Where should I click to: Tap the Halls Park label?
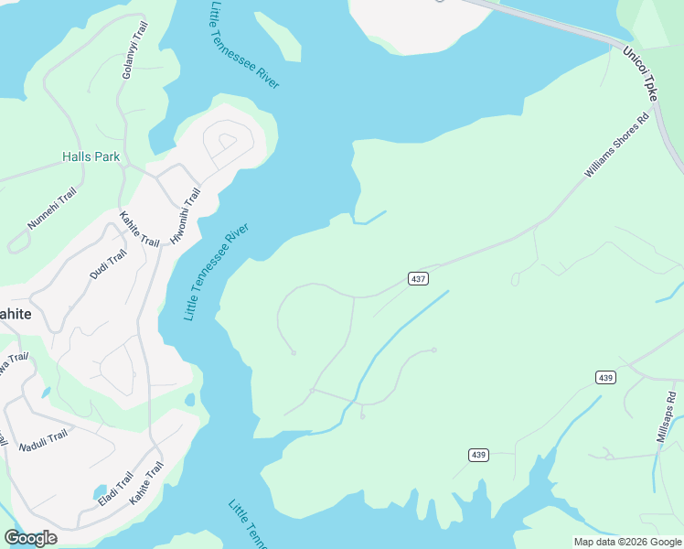[91, 157]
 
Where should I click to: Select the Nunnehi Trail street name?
[53, 210]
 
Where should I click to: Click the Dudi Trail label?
[105, 266]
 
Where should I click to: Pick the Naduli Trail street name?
[43, 436]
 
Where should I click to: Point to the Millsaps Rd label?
[666, 417]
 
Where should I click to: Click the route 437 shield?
[418, 278]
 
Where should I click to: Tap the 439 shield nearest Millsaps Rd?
[605, 377]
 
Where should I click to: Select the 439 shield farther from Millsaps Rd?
[479, 455]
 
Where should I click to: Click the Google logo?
[30, 538]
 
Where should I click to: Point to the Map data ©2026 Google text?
[627, 542]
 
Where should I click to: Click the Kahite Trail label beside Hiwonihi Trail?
[139, 229]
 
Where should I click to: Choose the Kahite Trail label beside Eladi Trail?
[146, 483]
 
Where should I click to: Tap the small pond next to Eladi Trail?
[101, 494]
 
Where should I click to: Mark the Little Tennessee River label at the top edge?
[242, 46]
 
